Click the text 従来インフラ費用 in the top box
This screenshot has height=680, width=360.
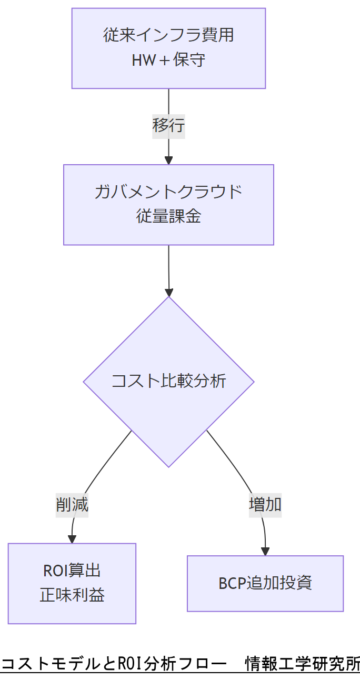point(168,36)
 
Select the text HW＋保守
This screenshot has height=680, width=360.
point(168,60)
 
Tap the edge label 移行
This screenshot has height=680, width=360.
point(168,126)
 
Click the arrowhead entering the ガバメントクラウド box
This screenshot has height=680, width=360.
point(168,160)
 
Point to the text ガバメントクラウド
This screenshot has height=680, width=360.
point(168,192)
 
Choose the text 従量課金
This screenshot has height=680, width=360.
point(168,216)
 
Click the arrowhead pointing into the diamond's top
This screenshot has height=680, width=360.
point(168,292)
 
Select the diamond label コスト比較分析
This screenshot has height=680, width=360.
point(168,381)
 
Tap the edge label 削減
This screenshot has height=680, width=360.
point(72,505)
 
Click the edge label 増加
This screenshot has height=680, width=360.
point(265,504)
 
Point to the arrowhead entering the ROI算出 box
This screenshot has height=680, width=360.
point(72,539)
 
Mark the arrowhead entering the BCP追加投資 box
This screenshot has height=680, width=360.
point(265,551)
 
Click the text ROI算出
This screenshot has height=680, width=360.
point(72,571)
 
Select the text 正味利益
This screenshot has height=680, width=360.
point(72,595)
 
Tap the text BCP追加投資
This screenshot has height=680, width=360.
point(265,583)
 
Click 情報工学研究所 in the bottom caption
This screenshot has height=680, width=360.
point(303,664)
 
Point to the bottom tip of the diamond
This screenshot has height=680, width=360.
point(168,466)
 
